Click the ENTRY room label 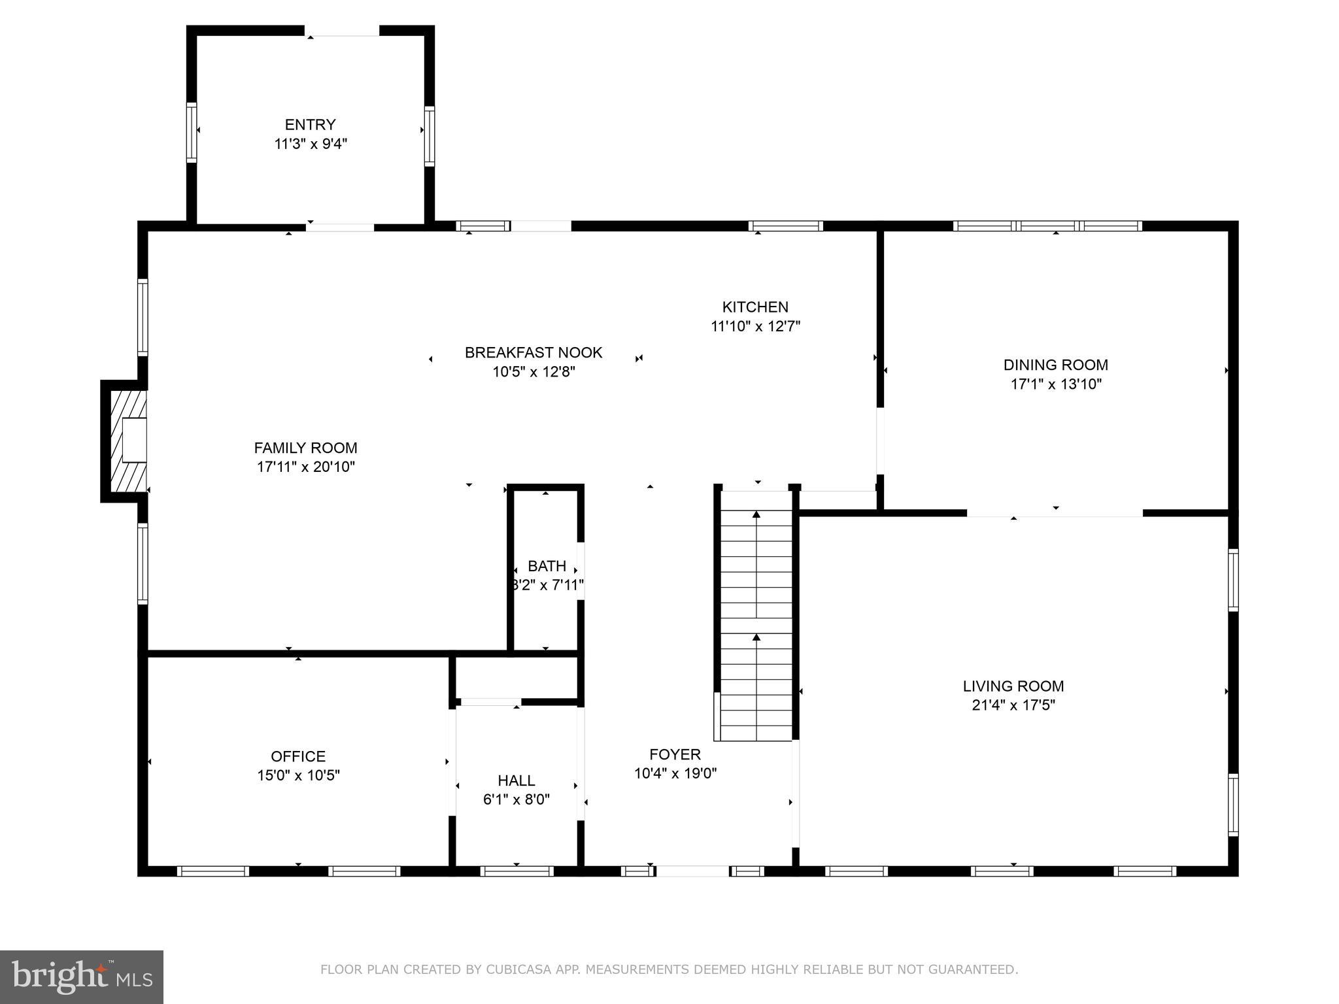(310, 124)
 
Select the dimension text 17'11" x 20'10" (305, 467)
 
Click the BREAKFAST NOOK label (533, 352)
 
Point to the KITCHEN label (754, 307)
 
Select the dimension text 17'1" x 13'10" (1055, 384)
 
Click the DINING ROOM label (1055, 365)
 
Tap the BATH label (547, 566)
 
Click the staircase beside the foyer (756, 614)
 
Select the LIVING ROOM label (1013, 686)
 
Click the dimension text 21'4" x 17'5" (1013, 705)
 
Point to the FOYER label (675, 754)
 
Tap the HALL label (516, 780)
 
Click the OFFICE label (297, 756)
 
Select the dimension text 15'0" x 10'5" (297, 775)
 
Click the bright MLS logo (82, 977)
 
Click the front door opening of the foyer (692, 871)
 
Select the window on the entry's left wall (192, 132)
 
